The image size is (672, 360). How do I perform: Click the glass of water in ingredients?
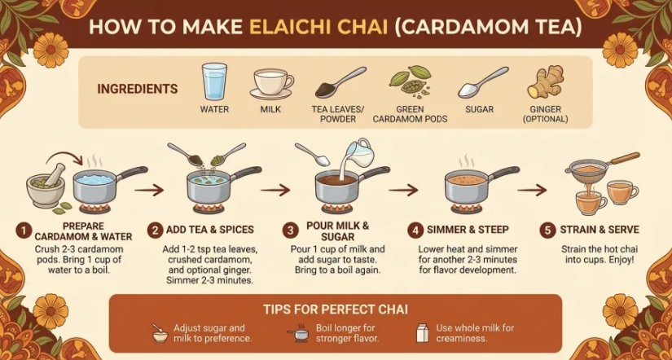click(214, 81)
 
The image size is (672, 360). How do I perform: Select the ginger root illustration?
click(545, 82)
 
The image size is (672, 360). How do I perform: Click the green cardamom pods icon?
click(409, 80)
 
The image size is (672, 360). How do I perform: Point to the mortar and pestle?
click(46, 184)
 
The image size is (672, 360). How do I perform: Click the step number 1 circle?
click(22, 231)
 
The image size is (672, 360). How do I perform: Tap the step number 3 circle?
click(290, 231)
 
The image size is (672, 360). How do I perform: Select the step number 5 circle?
click(547, 230)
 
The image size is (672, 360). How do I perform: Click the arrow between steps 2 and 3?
click(276, 190)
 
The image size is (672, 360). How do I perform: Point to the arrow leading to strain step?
click(532, 190)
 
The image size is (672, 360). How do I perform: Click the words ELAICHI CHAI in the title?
click(318, 27)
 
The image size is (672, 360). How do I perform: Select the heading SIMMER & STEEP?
click(468, 230)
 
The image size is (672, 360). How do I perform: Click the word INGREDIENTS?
click(137, 89)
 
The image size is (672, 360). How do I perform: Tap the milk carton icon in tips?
click(423, 332)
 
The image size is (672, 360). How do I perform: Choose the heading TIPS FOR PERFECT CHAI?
click(336, 310)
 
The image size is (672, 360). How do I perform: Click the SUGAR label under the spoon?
click(480, 109)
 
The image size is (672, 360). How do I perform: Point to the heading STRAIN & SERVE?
click(600, 230)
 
